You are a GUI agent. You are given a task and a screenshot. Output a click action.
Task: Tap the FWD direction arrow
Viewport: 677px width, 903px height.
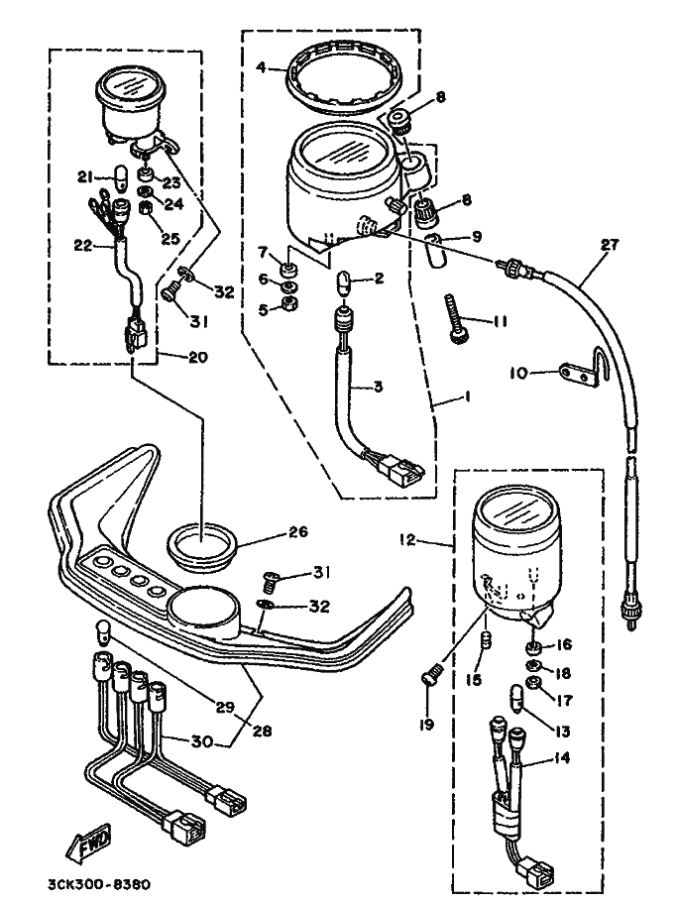[88, 846]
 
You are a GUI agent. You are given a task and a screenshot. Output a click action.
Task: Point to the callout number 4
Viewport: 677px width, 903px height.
[261, 67]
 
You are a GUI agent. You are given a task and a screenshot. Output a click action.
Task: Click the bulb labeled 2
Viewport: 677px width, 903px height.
[344, 283]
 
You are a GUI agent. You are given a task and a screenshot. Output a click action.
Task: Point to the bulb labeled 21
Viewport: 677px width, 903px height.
[123, 178]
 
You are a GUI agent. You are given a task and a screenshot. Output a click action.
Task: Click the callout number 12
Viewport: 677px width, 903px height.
[407, 540]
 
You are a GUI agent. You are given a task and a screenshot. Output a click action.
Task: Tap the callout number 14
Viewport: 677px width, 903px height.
[561, 757]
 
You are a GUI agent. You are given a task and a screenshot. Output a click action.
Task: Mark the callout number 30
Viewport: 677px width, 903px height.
[202, 741]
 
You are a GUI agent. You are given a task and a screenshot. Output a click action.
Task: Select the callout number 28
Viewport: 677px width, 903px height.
[263, 731]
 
